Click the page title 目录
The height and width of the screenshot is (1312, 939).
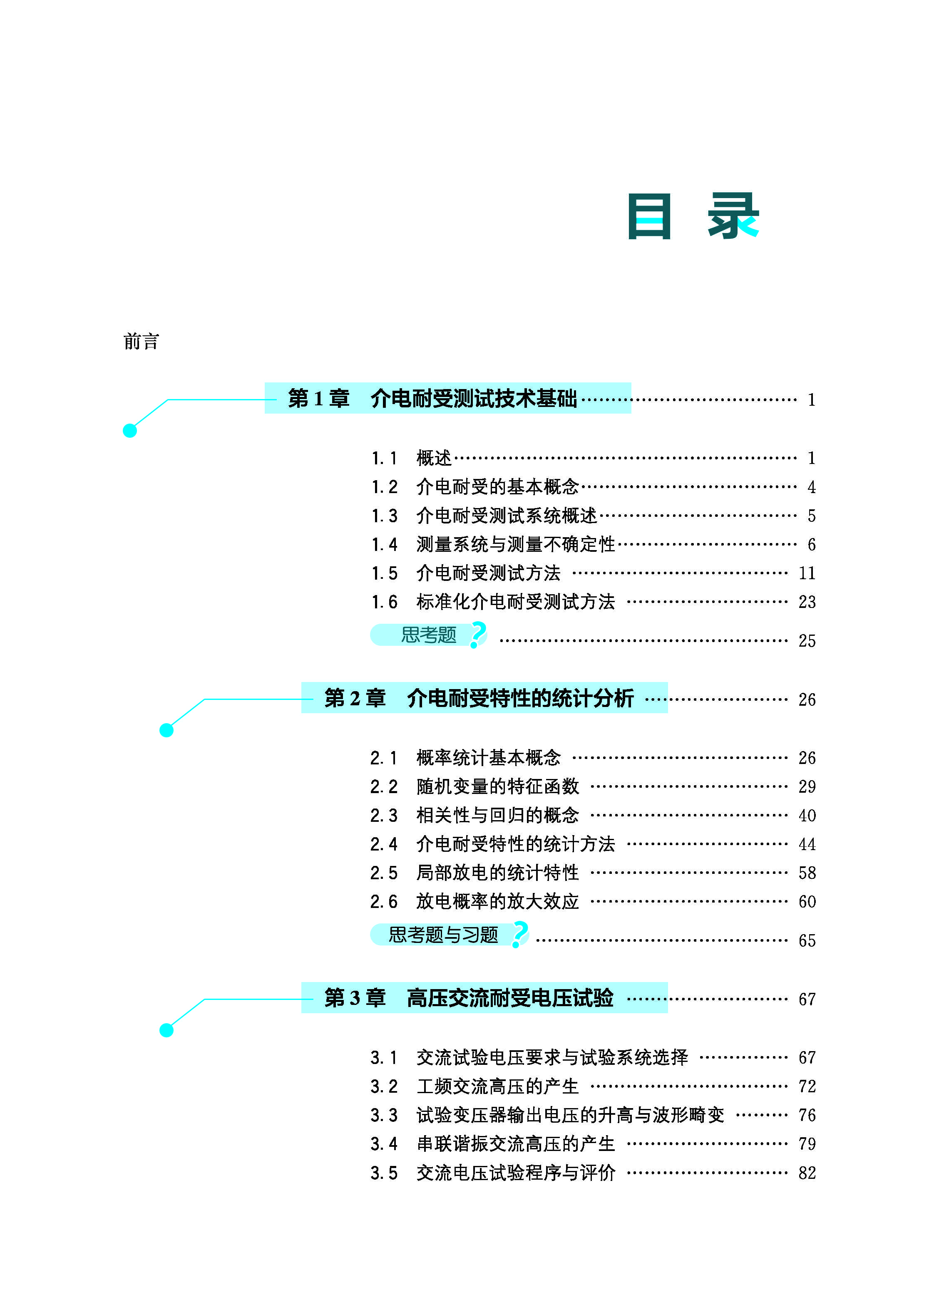693,216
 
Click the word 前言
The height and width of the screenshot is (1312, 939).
141,342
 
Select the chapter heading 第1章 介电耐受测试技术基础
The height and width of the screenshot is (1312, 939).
432,398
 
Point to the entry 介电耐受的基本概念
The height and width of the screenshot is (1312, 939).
497,487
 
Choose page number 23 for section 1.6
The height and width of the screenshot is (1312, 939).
807,602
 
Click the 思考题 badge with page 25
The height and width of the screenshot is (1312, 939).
428,635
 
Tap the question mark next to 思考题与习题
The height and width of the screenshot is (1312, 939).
520,934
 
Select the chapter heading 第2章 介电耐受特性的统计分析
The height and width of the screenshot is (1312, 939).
479,698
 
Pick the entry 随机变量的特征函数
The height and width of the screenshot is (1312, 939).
497,786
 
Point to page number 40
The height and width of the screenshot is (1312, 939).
807,816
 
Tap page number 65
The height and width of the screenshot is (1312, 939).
807,940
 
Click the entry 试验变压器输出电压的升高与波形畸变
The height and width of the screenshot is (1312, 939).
570,1115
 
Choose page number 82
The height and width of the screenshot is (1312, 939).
807,1173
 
